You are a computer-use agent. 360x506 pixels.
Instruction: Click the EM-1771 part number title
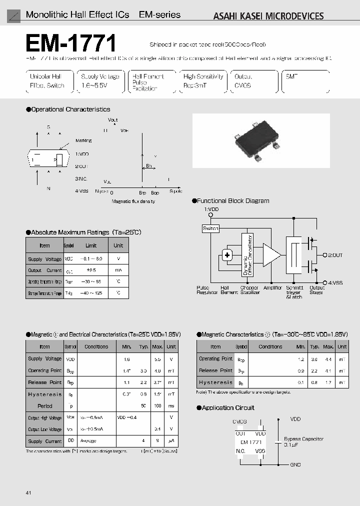(71, 43)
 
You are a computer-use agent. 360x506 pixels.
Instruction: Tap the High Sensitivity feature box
(202, 81)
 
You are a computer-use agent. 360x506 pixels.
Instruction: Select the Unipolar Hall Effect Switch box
(47, 81)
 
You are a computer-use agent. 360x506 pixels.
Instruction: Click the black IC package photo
(261, 141)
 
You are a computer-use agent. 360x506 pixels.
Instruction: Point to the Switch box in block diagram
(210, 228)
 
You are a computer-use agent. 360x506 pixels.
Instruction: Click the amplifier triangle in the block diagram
(271, 254)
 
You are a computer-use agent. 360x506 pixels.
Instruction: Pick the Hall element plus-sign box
(227, 255)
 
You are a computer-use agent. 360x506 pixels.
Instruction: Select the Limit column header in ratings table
(91, 245)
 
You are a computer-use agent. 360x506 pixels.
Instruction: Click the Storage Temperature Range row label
(44, 293)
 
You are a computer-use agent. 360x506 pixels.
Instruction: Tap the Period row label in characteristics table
(44, 406)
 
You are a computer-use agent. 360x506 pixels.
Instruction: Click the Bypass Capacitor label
(303, 438)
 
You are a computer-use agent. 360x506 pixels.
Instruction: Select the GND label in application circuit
(295, 464)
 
